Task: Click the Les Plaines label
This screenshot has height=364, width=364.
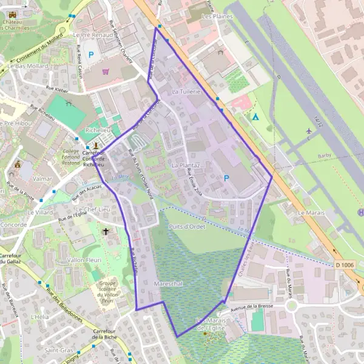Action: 217,16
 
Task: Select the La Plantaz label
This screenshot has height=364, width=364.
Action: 186,165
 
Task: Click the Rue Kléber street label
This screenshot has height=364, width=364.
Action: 58,89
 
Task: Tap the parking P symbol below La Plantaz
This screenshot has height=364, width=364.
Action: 227,178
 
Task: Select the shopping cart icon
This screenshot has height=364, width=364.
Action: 106,71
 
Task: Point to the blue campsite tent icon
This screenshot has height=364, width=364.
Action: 255,116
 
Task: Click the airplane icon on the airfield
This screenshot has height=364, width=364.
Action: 309,130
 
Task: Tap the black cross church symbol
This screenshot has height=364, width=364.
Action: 107,231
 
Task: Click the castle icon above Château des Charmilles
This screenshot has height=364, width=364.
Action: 12,15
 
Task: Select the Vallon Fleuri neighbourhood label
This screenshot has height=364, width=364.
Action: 83,260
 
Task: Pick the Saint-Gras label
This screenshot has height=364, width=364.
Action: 58,351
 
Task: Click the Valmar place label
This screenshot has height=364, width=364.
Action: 42,179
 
